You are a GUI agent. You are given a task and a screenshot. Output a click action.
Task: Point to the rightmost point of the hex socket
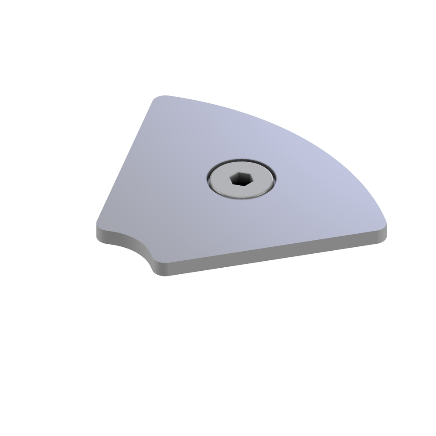pyautogui.click(x=250, y=179)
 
